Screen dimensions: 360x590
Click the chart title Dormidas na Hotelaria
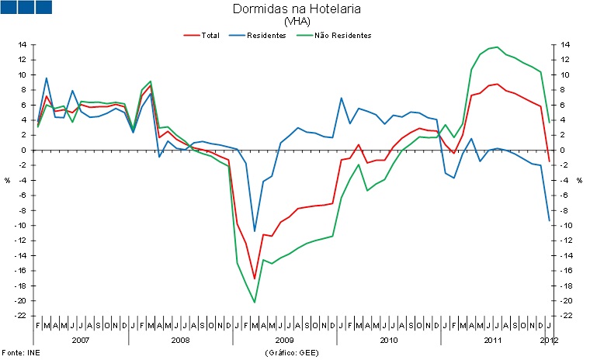click(x=296, y=9)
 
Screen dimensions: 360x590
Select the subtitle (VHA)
click(x=296, y=22)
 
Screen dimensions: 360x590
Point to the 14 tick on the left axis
click(x=23, y=45)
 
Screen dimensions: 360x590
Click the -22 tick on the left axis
click(x=22, y=316)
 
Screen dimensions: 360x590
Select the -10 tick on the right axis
click(x=567, y=226)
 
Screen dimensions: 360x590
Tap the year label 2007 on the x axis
click(x=81, y=340)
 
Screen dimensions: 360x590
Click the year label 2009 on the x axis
click(x=285, y=340)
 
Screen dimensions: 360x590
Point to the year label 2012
click(x=548, y=340)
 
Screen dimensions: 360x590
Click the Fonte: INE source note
click(x=20, y=352)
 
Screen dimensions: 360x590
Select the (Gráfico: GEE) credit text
click(x=292, y=352)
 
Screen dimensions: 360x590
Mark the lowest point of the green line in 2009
click(x=255, y=302)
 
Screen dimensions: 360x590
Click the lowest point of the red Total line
click(x=255, y=279)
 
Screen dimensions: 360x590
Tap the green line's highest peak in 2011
click(x=497, y=47)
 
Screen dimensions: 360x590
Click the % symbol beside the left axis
click(x=8, y=180)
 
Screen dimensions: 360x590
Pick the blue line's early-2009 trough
click(x=255, y=231)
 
